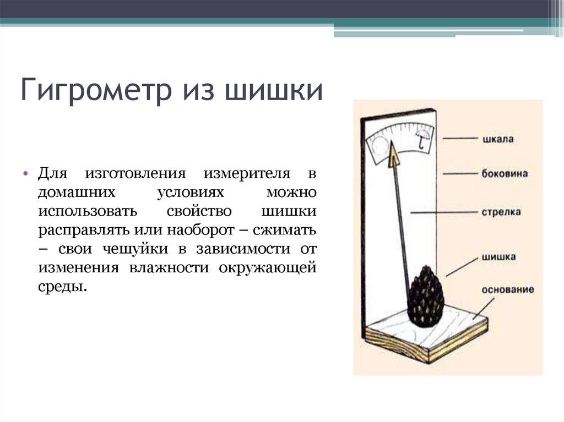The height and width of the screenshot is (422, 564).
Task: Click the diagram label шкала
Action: coord(498,139)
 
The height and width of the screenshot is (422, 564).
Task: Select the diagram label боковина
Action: coord(505,174)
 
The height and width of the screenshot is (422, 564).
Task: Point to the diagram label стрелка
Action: coord(501,212)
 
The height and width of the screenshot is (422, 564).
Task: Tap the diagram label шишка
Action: coord(499,257)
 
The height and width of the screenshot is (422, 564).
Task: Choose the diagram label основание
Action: coord(507,290)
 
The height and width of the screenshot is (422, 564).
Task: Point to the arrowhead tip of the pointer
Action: coord(392,141)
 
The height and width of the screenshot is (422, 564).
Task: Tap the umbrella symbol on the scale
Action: coord(422,139)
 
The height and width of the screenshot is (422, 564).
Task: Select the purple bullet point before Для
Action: coord(25,173)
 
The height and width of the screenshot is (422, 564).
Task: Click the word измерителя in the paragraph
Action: coord(247,174)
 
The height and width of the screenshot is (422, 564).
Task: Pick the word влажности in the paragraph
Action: coord(169,268)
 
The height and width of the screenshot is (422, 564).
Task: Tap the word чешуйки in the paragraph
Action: coord(135,249)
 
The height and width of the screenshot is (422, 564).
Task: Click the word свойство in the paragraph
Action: coord(199,211)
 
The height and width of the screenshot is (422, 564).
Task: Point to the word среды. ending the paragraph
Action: coord(63,287)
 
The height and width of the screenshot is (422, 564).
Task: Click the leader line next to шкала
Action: coord(460,139)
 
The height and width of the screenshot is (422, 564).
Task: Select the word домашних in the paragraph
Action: coord(77,193)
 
